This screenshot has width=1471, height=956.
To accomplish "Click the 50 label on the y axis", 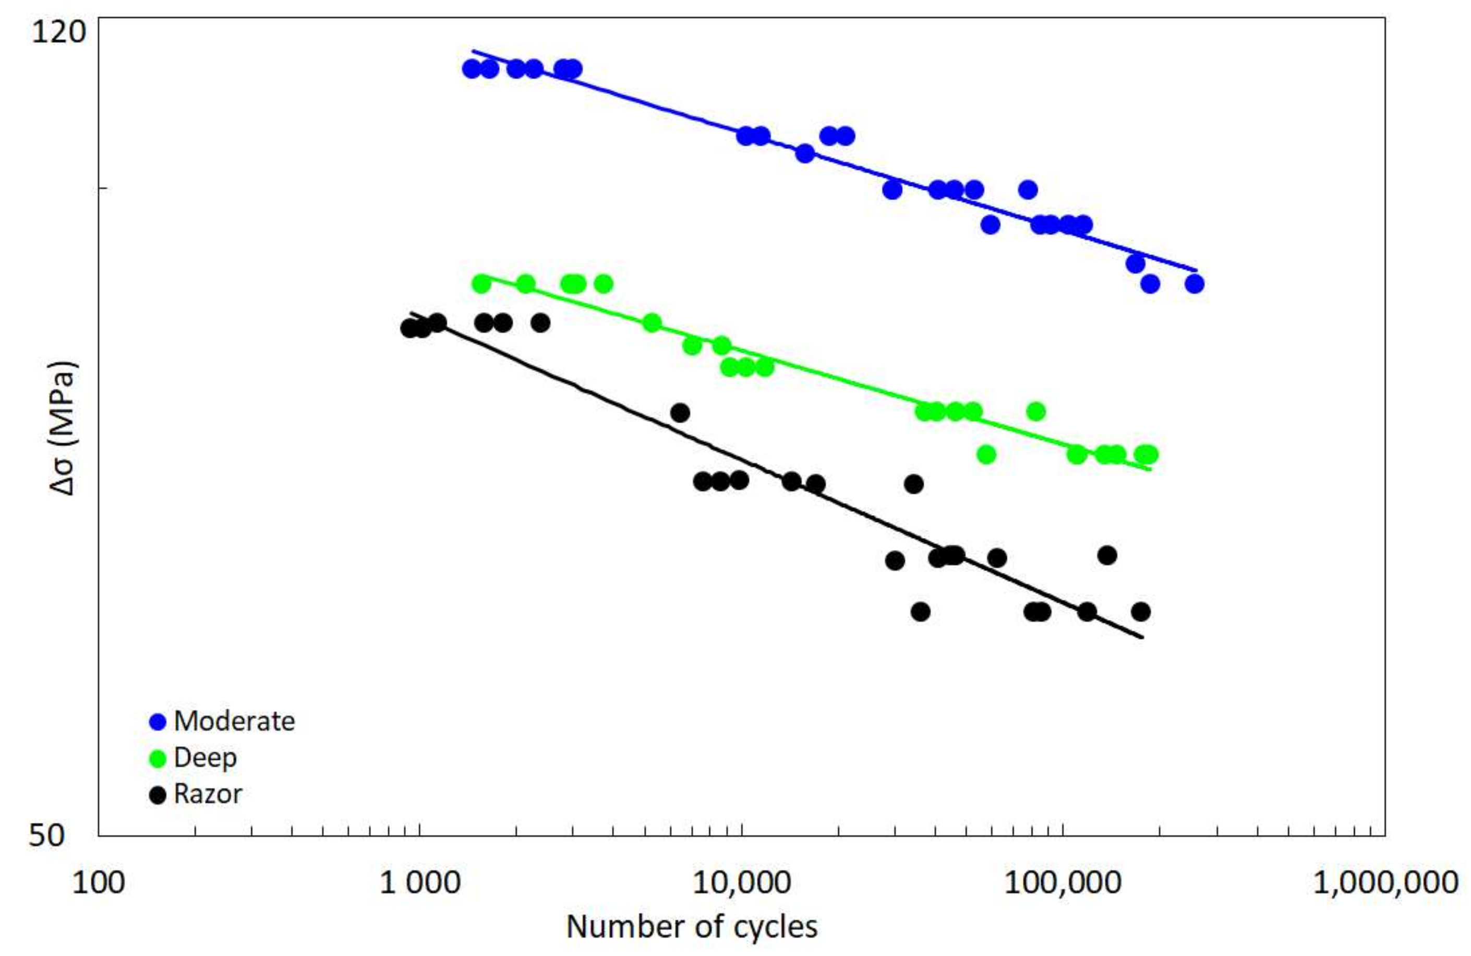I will [x=47, y=835].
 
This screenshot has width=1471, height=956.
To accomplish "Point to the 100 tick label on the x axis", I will [x=98, y=882].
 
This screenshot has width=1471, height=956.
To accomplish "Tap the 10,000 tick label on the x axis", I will [x=741, y=882].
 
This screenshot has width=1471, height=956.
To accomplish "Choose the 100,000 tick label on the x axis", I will [x=1063, y=882].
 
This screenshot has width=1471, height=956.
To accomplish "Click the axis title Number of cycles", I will [x=692, y=927].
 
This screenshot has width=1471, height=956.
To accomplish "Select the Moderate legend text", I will [x=234, y=721].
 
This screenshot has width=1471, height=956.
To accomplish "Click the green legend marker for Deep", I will [x=158, y=759].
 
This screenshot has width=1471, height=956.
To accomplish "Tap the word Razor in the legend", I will [x=208, y=794].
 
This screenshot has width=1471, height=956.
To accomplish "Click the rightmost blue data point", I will [x=1194, y=284].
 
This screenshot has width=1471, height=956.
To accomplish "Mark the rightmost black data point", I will [x=1141, y=612].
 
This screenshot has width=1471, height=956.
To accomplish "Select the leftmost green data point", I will [x=481, y=284].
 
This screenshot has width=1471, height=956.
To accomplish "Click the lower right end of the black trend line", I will [x=1142, y=637].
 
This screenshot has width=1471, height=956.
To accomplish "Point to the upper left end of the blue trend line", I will [x=474, y=51].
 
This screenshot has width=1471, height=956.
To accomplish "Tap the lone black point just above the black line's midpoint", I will [x=680, y=412].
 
